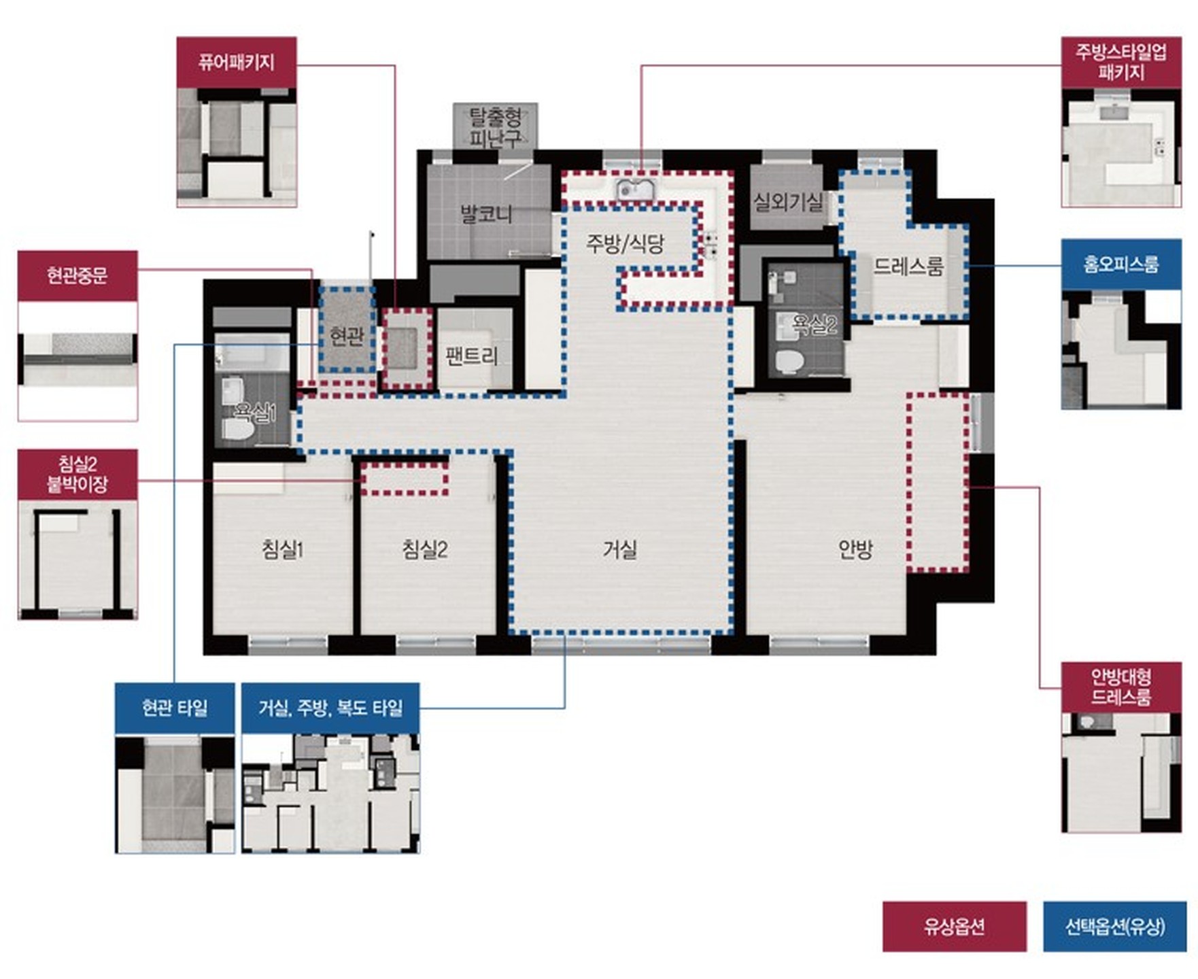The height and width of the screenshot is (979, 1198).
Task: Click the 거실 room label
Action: click(x=620, y=549)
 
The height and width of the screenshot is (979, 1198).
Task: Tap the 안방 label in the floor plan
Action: click(x=855, y=549)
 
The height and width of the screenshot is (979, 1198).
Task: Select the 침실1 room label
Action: click(x=282, y=549)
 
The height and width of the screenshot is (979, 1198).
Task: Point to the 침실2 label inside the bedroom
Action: click(x=425, y=549)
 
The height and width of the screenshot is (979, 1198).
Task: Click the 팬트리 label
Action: click(x=471, y=356)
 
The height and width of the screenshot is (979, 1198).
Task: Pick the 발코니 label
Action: click(x=485, y=214)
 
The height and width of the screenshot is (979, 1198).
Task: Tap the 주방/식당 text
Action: click(x=625, y=243)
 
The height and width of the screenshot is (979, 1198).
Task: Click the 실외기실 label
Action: click(x=787, y=201)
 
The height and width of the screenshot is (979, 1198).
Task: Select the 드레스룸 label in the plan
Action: click(x=908, y=266)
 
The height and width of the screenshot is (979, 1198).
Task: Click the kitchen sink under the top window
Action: click(x=636, y=191)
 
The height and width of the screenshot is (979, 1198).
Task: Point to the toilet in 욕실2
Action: click(x=789, y=361)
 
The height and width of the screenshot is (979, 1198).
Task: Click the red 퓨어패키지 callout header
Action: click(x=237, y=63)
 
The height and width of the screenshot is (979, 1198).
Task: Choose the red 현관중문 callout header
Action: click(x=78, y=275)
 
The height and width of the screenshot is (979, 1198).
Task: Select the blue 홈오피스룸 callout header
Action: click(x=1120, y=264)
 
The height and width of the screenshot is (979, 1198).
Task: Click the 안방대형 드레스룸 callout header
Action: click(x=1120, y=687)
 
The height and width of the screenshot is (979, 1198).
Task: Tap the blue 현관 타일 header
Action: click(x=175, y=708)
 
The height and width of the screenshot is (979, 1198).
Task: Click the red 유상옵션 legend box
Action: click(x=955, y=926)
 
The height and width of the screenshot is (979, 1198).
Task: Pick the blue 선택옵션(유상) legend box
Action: click(x=1115, y=926)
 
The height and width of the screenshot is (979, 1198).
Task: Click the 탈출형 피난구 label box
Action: click(x=496, y=126)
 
